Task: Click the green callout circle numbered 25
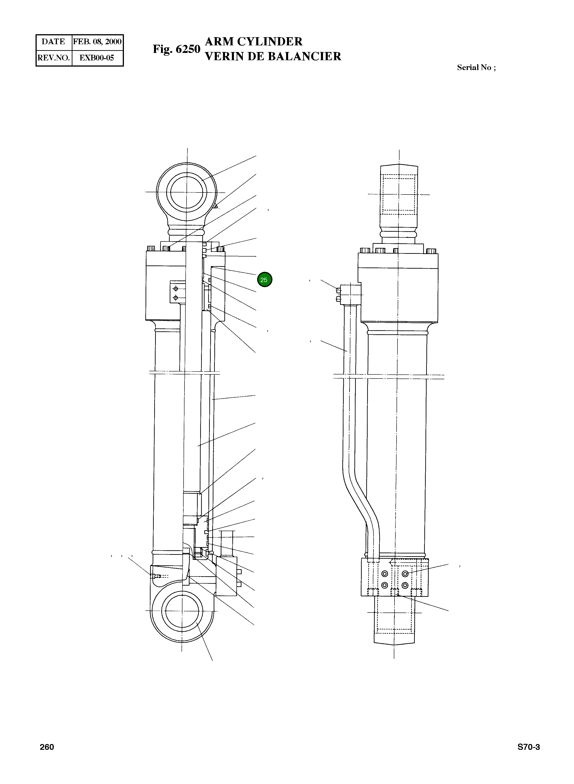(264, 280)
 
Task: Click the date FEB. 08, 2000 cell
(97, 42)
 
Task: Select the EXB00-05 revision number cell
(97, 58)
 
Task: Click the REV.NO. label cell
(54, 58)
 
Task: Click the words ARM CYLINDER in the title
(254, 42)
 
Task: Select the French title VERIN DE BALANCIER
(273, 56)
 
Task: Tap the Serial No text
(476, 67)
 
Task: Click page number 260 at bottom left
(47, 747)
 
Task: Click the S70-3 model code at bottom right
(528, 747)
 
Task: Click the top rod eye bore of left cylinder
(186, 192)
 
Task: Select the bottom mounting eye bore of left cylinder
(182, 611)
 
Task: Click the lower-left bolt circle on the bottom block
(384, 585)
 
